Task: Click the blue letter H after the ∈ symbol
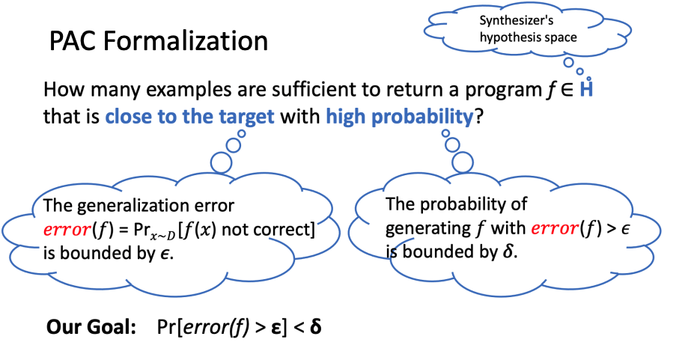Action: click(x=587, y=91)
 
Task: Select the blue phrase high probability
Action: click(x=399, y=118)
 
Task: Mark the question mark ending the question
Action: click(x=477, y=118)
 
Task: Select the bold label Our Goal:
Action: click(x=90, y=327)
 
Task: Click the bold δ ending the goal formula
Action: click(x=316, y=327)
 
